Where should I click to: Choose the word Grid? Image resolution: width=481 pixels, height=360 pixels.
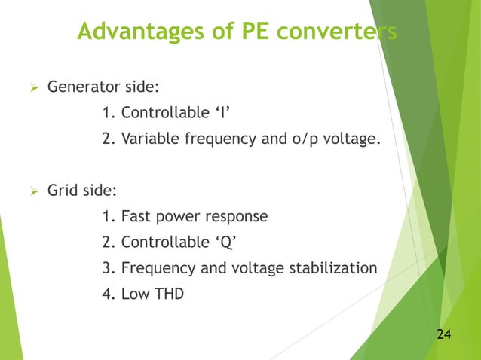click(x=63, y=191)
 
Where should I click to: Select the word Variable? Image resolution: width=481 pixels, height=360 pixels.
click(x=148, y=139)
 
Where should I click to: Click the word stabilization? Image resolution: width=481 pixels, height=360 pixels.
click(x=333, y=267)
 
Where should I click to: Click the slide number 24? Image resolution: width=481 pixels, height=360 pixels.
click(x=445, y=334)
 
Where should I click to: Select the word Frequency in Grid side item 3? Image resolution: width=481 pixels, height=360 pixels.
click(x=155, y=267)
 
